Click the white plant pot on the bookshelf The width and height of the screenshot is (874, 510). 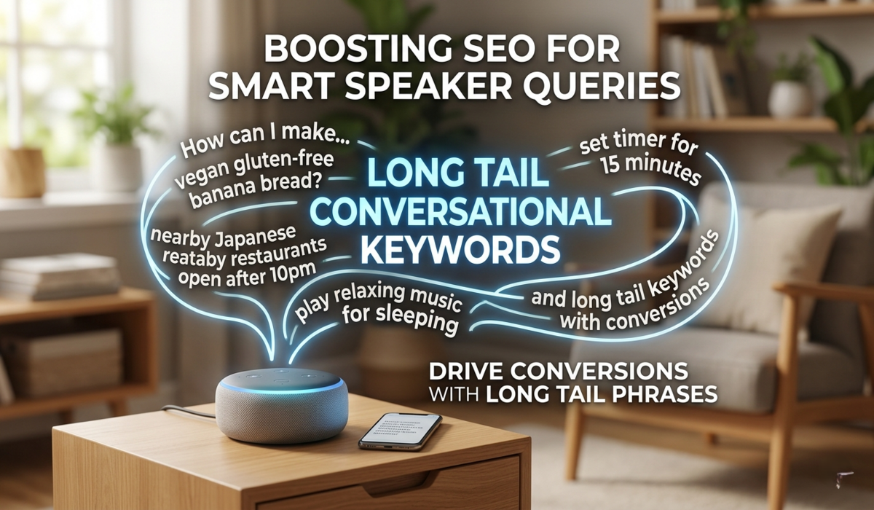(x=788, y=98)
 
